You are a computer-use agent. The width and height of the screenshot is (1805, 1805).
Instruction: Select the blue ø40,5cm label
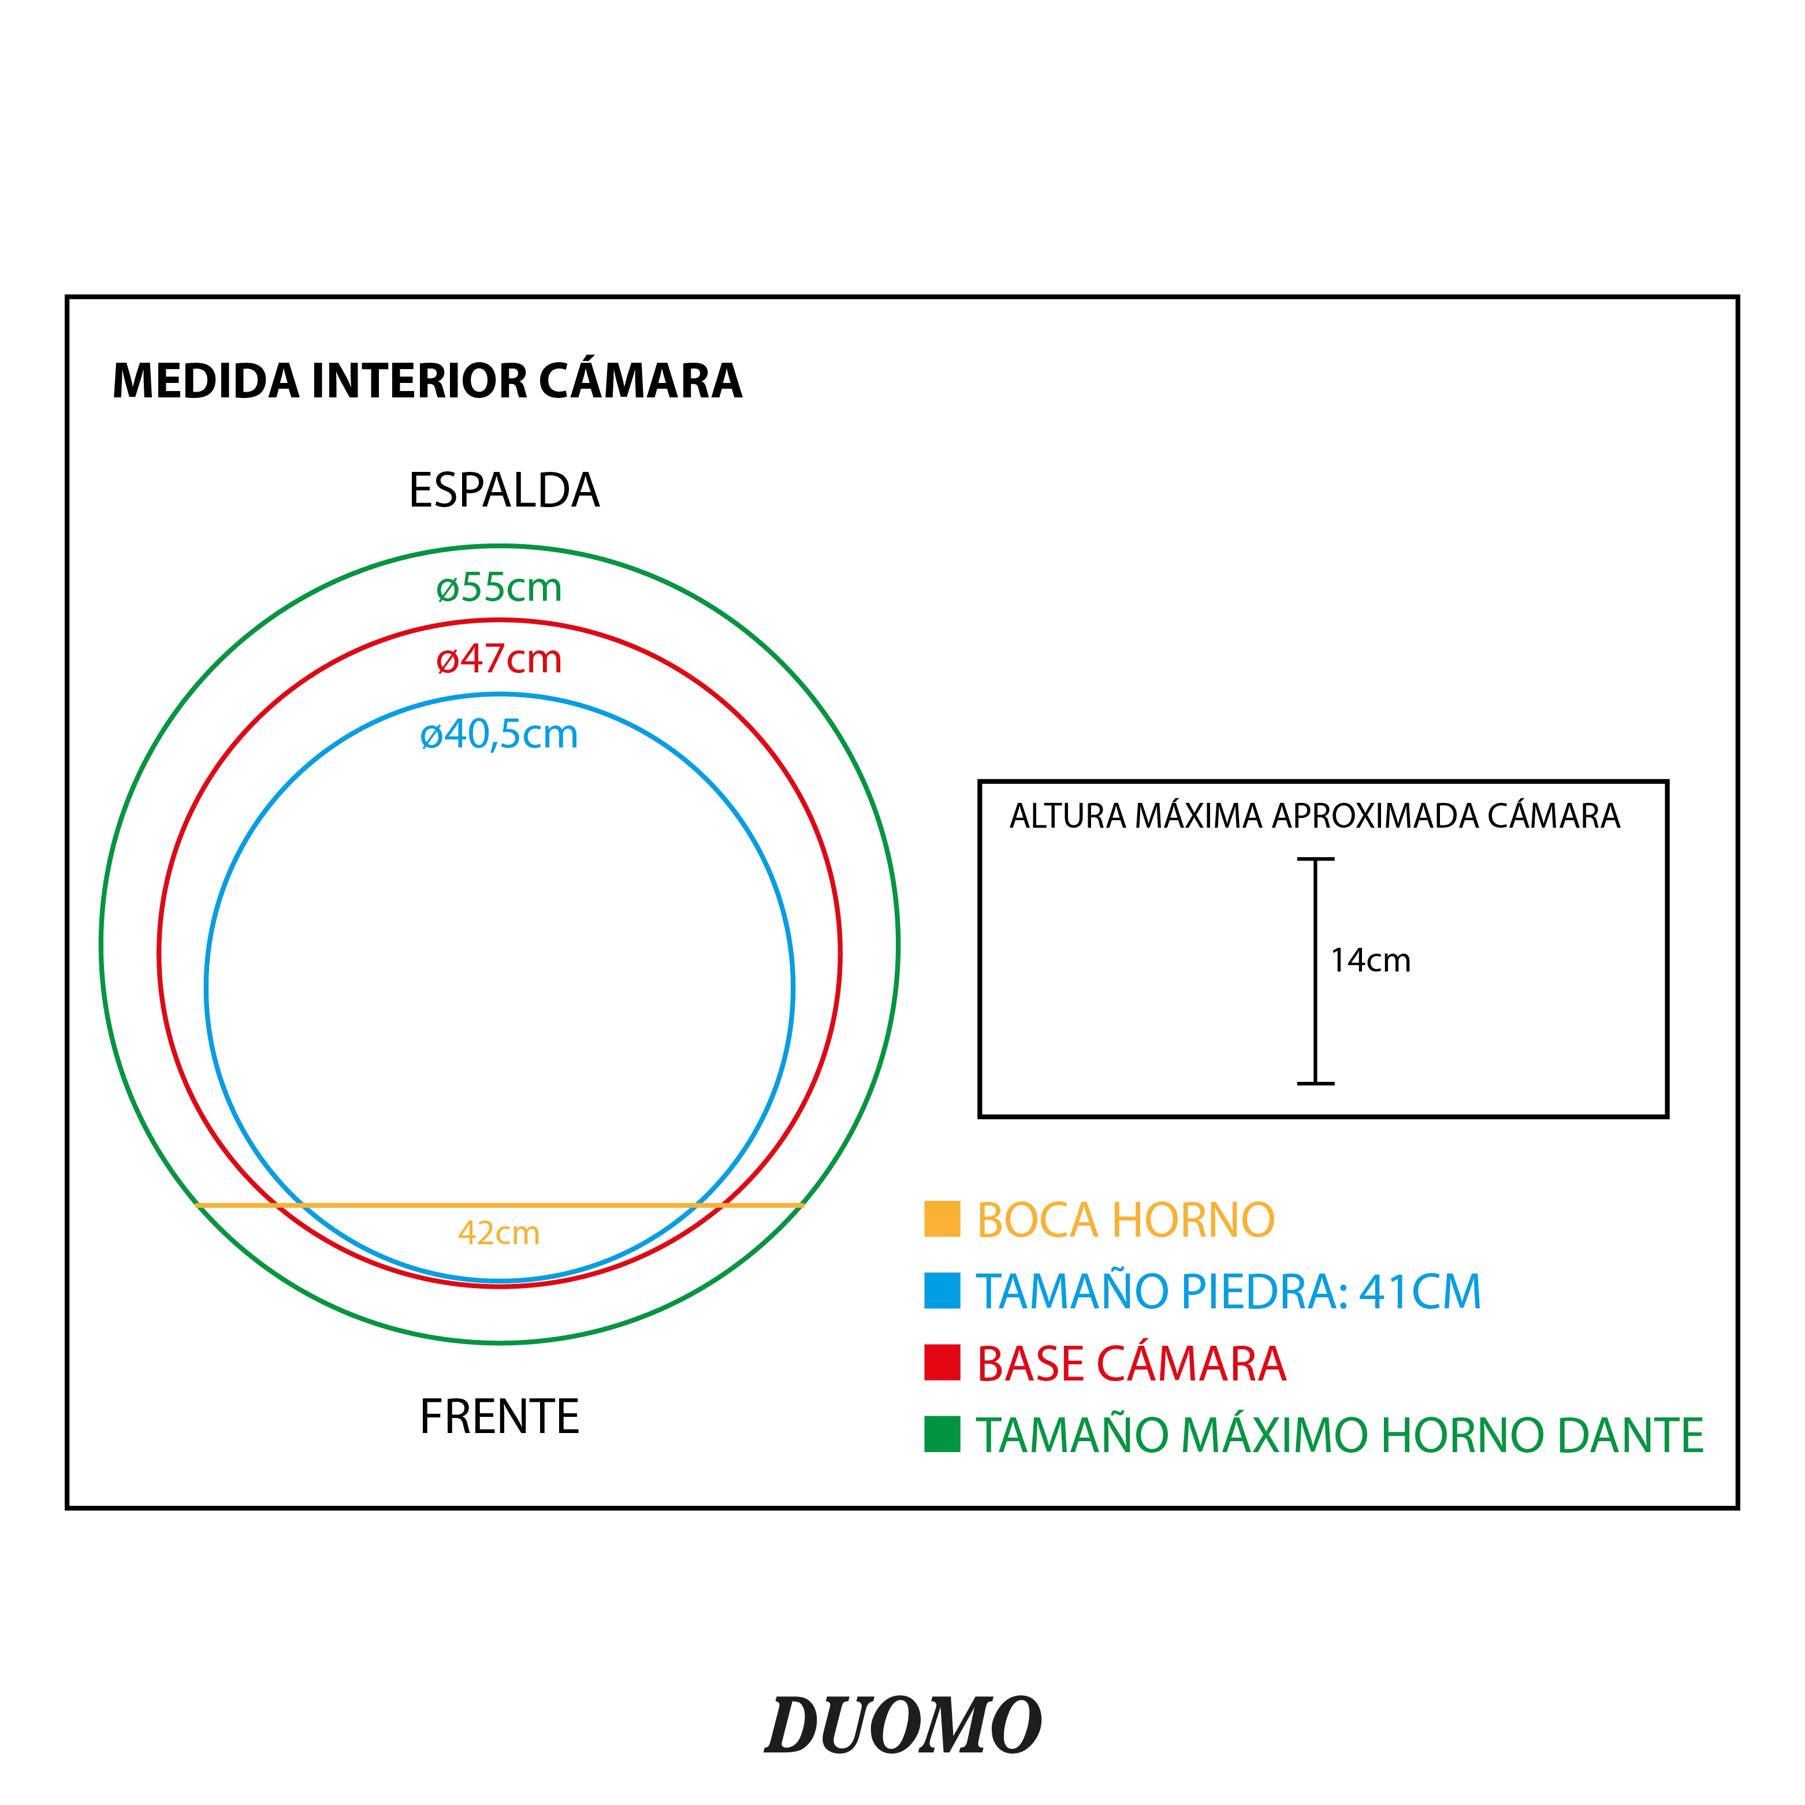(x=499, y=735)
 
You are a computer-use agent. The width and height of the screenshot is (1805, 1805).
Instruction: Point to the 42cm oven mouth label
(x=499, y=1233)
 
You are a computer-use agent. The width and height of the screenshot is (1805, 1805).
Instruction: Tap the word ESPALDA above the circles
(x=504, y=490)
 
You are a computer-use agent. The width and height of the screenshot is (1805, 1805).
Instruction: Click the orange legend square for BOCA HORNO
(x=941, y=1219)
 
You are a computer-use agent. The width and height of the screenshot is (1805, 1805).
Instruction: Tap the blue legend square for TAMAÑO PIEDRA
(x=941, y=1290)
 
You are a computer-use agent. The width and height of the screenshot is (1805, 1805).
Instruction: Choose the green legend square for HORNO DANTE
(x=941, y=1434)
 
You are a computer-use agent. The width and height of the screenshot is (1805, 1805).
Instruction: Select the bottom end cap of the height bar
(x=1315, y=1084)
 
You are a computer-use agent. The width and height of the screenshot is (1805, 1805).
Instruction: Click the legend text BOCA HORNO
(x=1126, y=1220)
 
